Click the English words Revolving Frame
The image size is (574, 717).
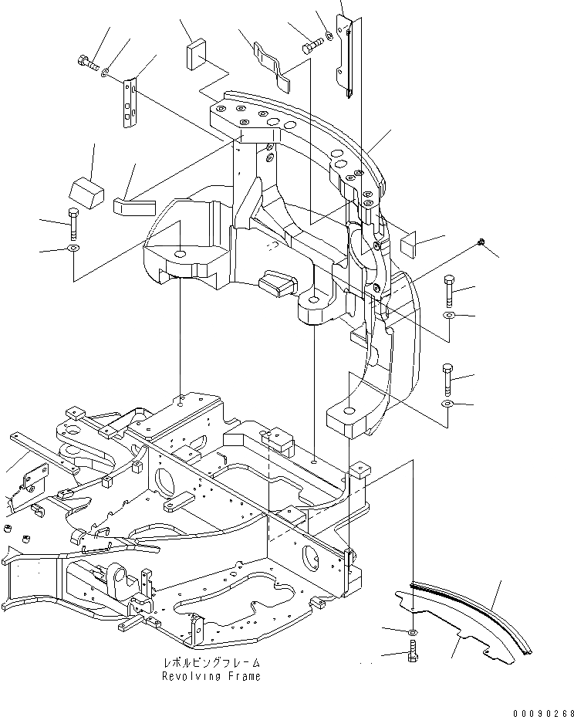tap(211, 676)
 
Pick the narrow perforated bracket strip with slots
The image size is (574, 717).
tap(131, 100)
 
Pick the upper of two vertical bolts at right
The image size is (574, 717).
tap(450, 291)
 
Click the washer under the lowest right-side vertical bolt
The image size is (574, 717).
tap(448, 404)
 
